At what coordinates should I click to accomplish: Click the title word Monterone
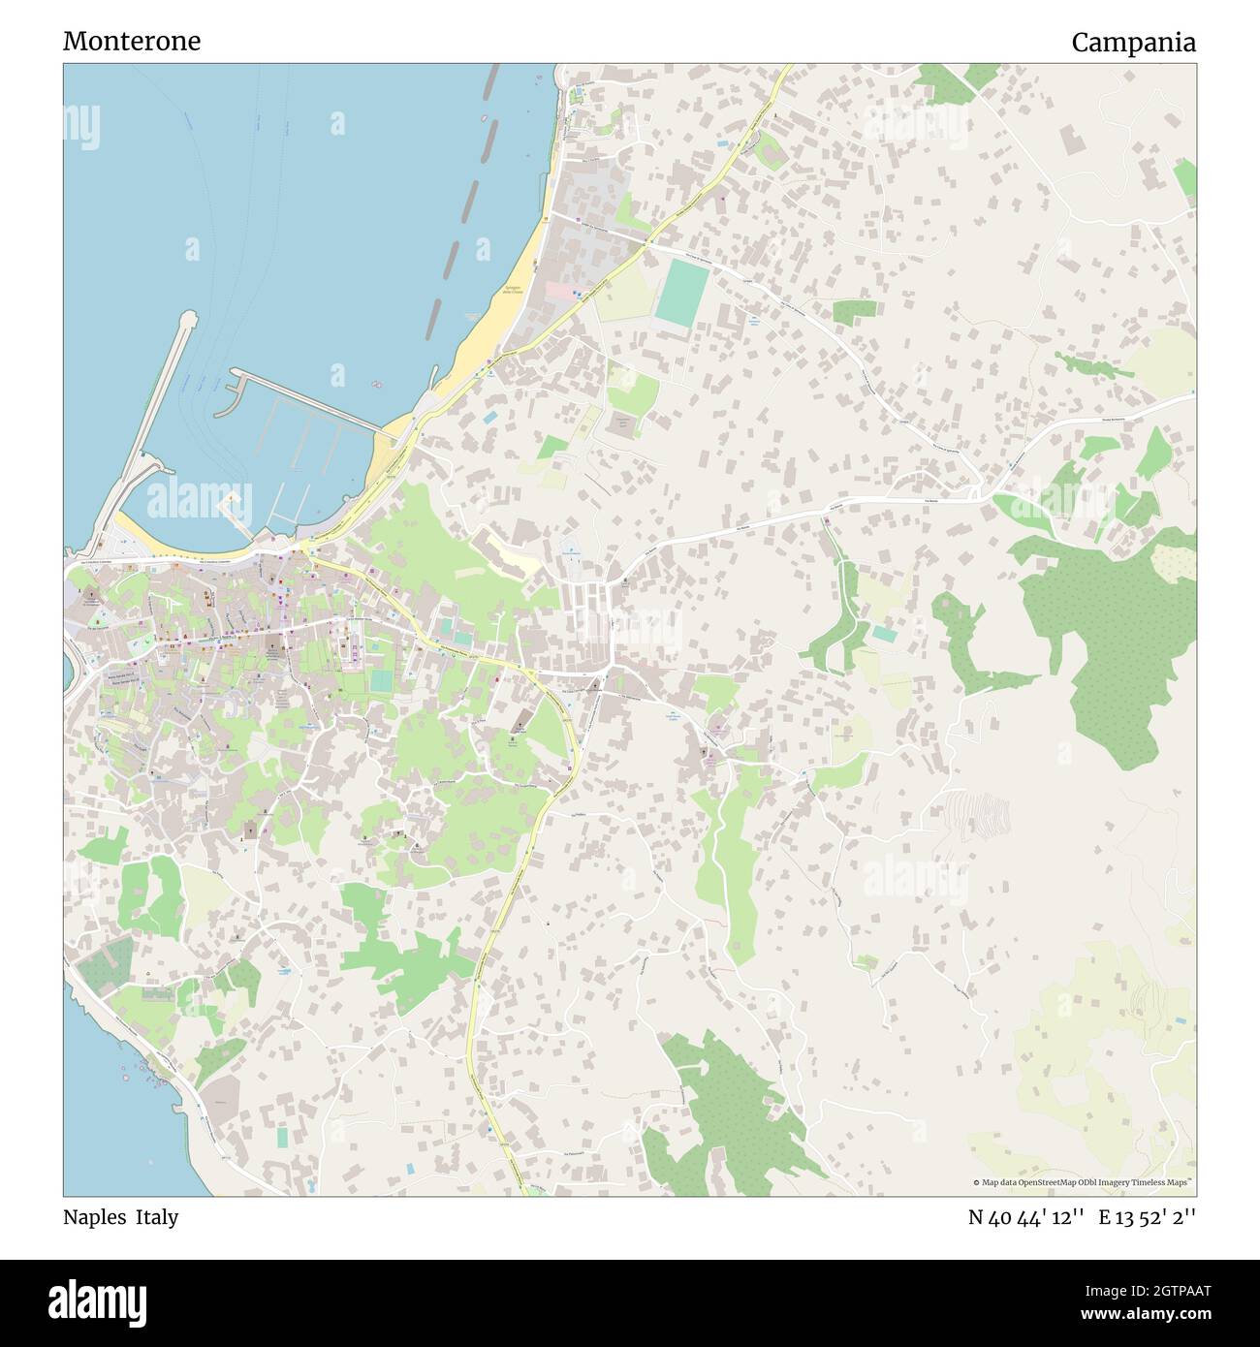coord(132,42)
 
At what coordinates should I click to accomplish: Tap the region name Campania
coord(1133,42)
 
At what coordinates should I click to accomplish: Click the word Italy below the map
coord(157,1217)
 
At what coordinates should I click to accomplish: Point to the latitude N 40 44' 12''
coord(1025,1218)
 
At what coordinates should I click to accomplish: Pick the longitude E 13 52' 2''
coord(1148,1218)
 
